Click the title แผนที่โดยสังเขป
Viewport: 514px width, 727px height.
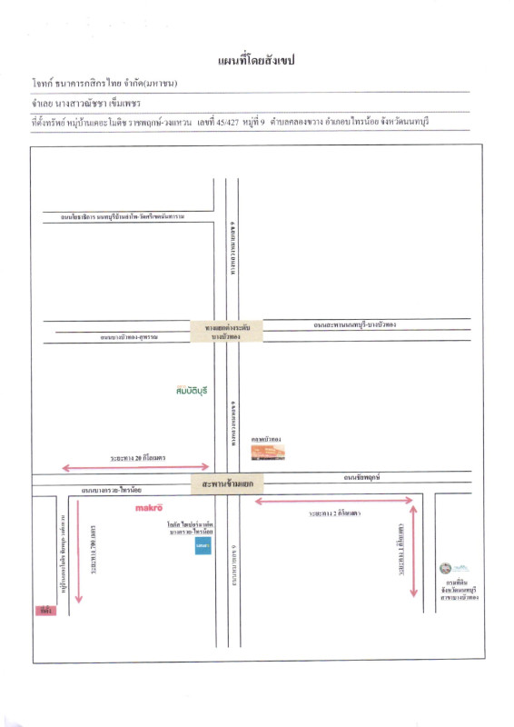[x=257, y=61]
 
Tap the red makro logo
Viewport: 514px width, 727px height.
[x=148, y=507]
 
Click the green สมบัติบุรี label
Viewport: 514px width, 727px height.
[x=193, y=390]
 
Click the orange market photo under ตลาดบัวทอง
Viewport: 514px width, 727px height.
[x=268, y=452]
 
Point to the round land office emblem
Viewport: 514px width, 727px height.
[x=445, y=568]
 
